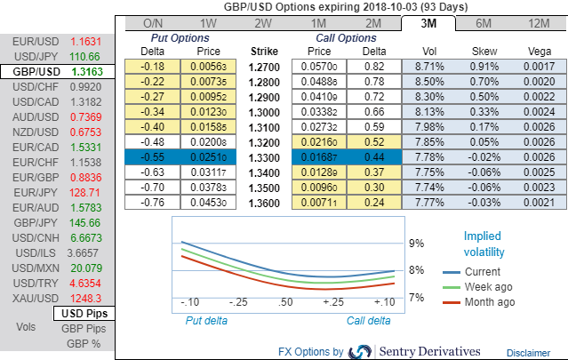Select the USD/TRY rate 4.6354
tap(85, 283)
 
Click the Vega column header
tap(537, 52)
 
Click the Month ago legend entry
tap(490, 302)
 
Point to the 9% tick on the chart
tap(415, 243)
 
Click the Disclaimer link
tap(528, 353)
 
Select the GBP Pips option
tap(84, 328)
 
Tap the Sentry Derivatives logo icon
tap(361, 351)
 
